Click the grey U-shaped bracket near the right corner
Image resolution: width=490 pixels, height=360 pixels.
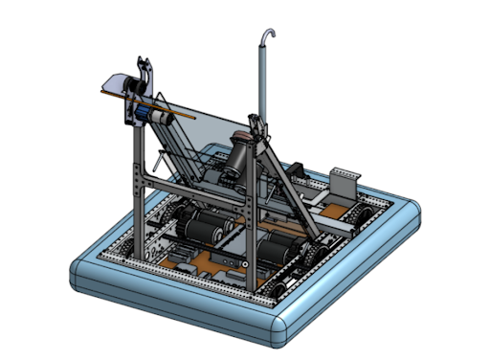click(x=343, y=180)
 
